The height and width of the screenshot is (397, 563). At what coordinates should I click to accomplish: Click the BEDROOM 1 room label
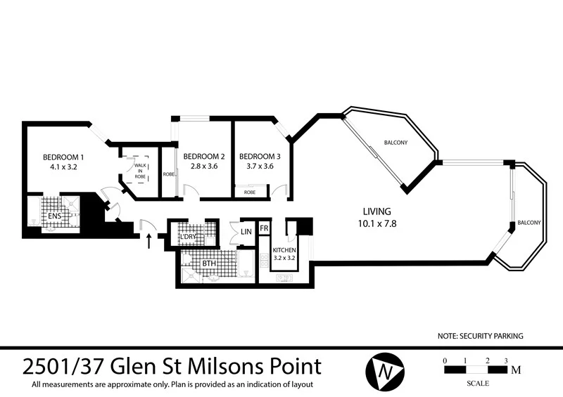pos(63,157)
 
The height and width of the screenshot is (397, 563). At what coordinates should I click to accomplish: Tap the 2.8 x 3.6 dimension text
pos(203,167)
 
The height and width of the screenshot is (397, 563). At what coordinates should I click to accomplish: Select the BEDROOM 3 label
pos(260,156)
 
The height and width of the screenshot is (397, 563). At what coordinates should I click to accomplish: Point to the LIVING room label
pos(377,211)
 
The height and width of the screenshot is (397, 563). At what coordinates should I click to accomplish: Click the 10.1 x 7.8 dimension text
pos(377,223)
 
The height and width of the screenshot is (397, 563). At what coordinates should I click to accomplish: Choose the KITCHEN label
pos(285,251)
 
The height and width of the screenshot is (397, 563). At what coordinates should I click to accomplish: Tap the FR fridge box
pos(264,229)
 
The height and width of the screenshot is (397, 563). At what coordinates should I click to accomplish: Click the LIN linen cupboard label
pos(246,232)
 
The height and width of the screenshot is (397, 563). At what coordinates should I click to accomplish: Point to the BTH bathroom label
pos(209,264)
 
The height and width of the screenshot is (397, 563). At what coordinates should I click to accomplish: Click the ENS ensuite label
pos(53,216)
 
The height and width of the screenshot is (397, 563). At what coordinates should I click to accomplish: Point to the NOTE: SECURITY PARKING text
pos(480,337)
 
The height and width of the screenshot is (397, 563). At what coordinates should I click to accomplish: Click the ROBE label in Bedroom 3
pos(250,191)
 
